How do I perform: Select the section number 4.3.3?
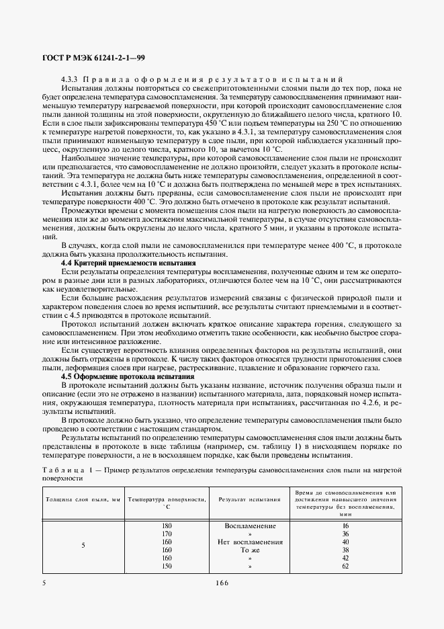71,79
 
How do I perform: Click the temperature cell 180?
167,525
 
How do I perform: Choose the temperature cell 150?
167,566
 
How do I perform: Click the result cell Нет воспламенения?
250,541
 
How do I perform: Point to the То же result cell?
250,549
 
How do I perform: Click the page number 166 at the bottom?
222,583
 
